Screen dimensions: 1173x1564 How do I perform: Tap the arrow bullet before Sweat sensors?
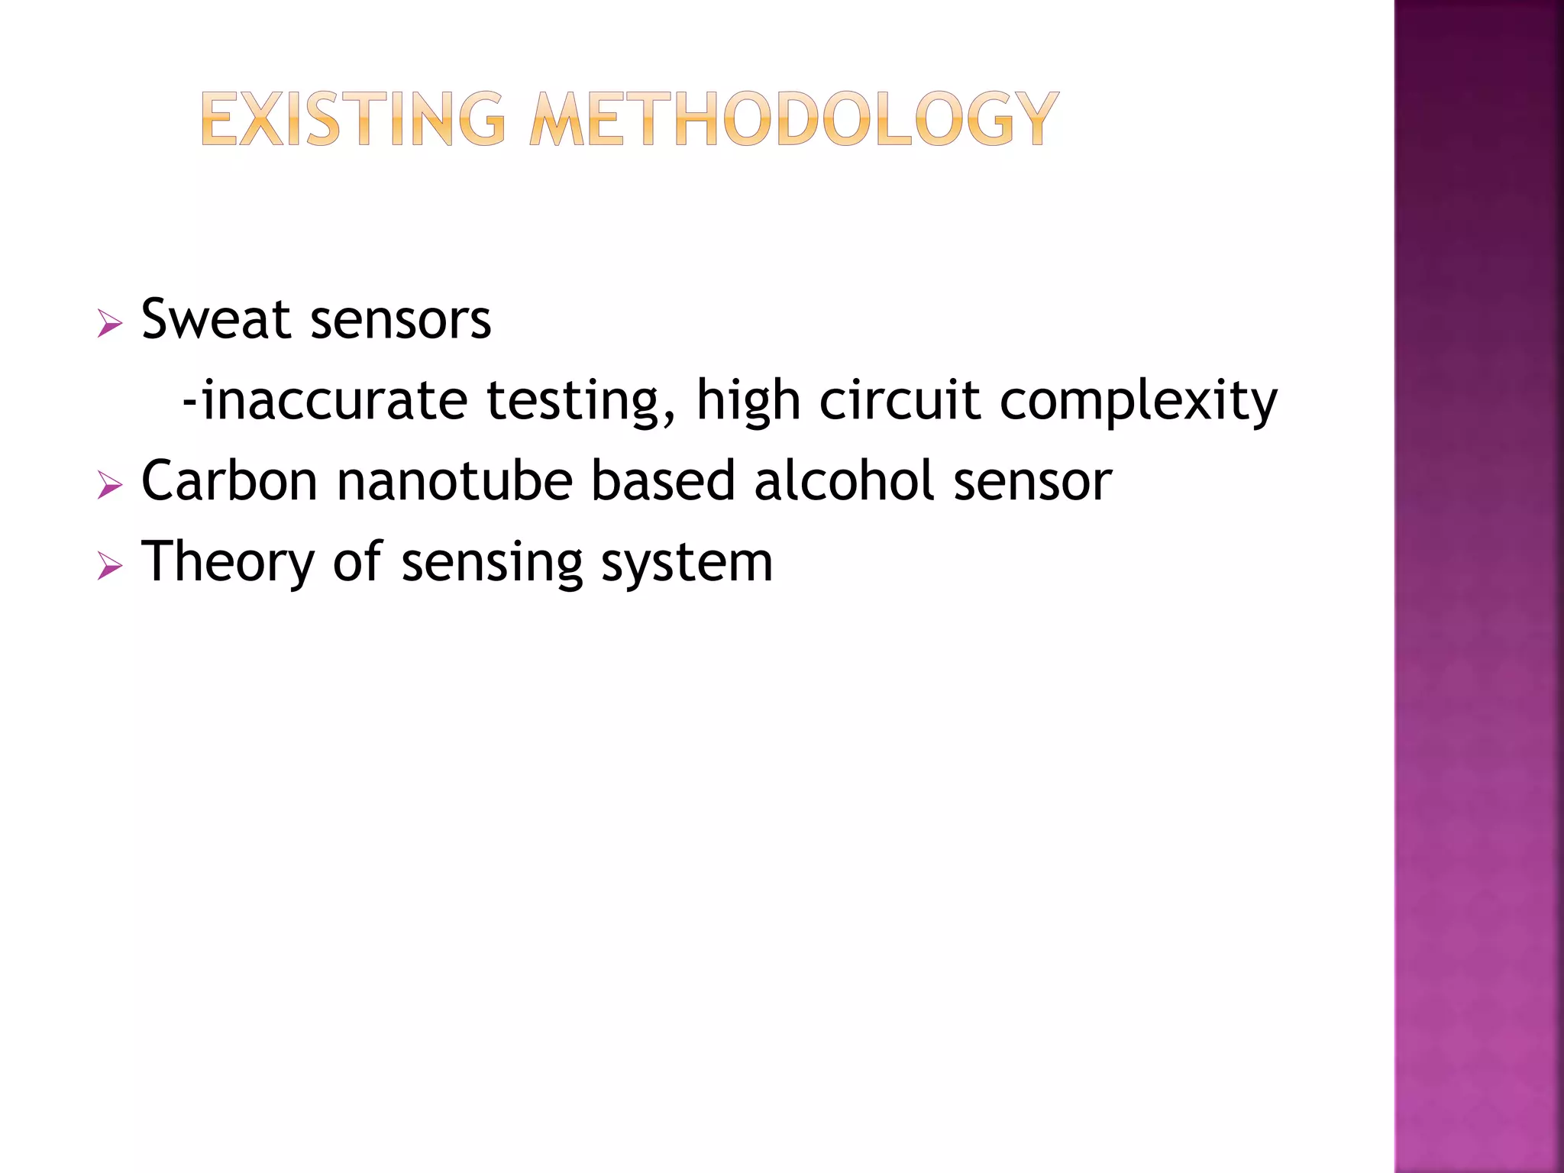(x=110, y=324)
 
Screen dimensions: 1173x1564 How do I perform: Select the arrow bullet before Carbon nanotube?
(x=110, y=486)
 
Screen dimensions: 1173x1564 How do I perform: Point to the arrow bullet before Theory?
(x=110, y=567)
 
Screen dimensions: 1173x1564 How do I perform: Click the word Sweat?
(x=216, y=319)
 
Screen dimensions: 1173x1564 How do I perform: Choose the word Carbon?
(x=229, y=481)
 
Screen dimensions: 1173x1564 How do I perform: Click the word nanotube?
(x=455, y=481)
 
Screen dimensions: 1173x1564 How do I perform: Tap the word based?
(x=663, y=481)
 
